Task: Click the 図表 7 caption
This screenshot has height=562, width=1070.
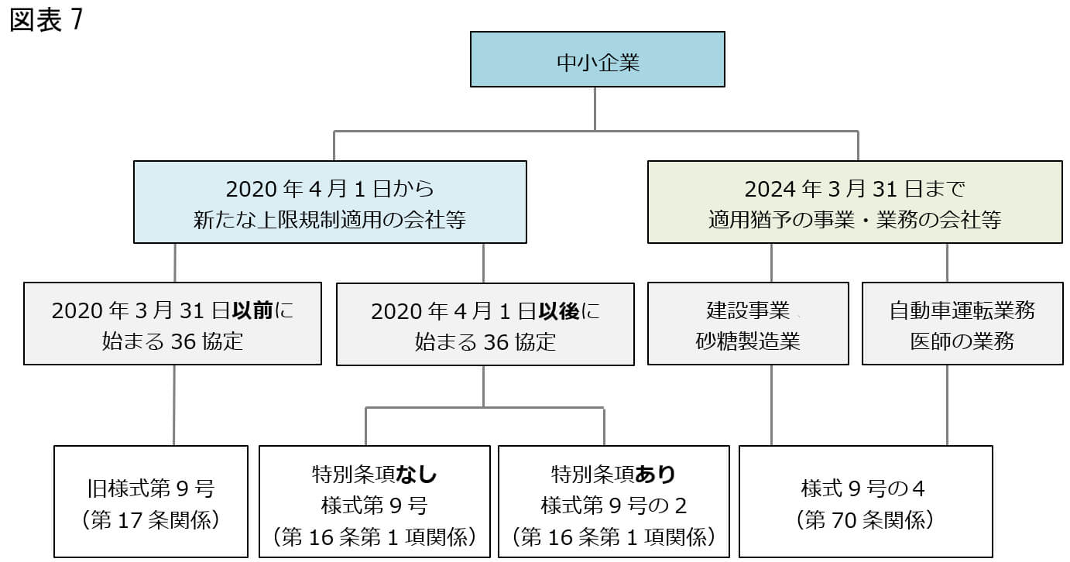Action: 46,21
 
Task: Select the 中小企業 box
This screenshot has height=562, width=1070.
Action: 597,59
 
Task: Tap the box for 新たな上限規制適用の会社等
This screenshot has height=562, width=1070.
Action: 330,202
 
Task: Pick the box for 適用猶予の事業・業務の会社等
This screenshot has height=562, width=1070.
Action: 854,202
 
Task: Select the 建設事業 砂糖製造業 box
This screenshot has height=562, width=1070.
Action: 748,324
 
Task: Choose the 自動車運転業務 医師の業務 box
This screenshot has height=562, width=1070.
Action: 962,324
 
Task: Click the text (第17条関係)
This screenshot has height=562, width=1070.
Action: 151,519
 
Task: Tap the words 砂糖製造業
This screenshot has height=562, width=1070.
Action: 748,341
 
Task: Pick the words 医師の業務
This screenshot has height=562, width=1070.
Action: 962,341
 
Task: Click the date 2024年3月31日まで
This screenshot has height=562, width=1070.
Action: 855,188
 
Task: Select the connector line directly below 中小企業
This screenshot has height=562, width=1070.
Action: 595,108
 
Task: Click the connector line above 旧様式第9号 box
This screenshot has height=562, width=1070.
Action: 173,405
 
